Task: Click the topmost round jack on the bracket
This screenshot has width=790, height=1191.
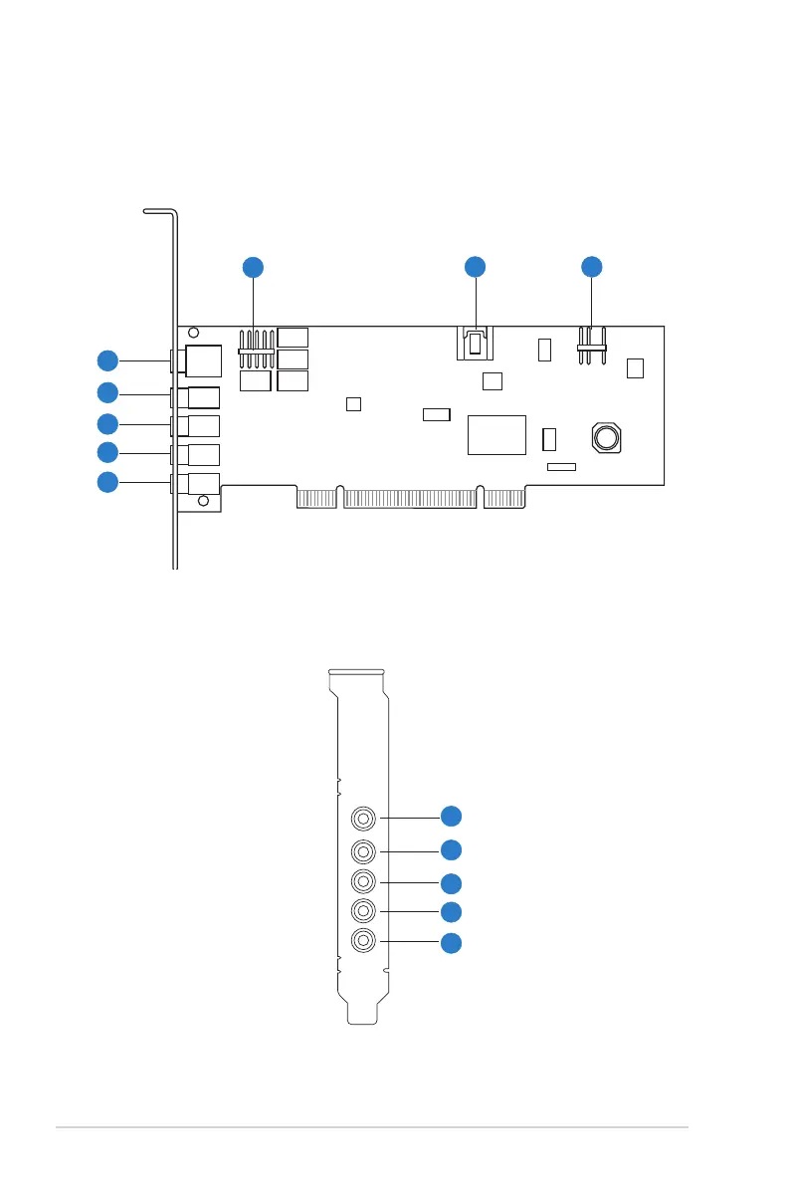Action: click(364, 819)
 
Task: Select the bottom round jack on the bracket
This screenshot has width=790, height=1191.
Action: click(364, 940)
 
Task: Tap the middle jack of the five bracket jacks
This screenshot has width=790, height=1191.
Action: click(364, 882)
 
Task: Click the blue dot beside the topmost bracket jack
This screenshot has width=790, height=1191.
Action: click(452, 816)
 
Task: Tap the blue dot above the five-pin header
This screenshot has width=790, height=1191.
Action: click(254, 266)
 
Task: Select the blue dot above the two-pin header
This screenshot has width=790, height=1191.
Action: click(592, 266)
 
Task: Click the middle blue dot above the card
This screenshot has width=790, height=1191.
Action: click(476, 266)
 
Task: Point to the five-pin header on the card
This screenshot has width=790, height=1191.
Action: click(256, 351)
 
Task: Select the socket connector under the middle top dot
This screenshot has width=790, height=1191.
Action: click(476, 345)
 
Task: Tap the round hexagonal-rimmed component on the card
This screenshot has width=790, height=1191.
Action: click(605, 436)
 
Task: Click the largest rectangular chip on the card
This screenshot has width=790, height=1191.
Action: click(495, 433)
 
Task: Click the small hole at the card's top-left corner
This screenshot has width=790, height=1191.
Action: click(194, 333)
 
